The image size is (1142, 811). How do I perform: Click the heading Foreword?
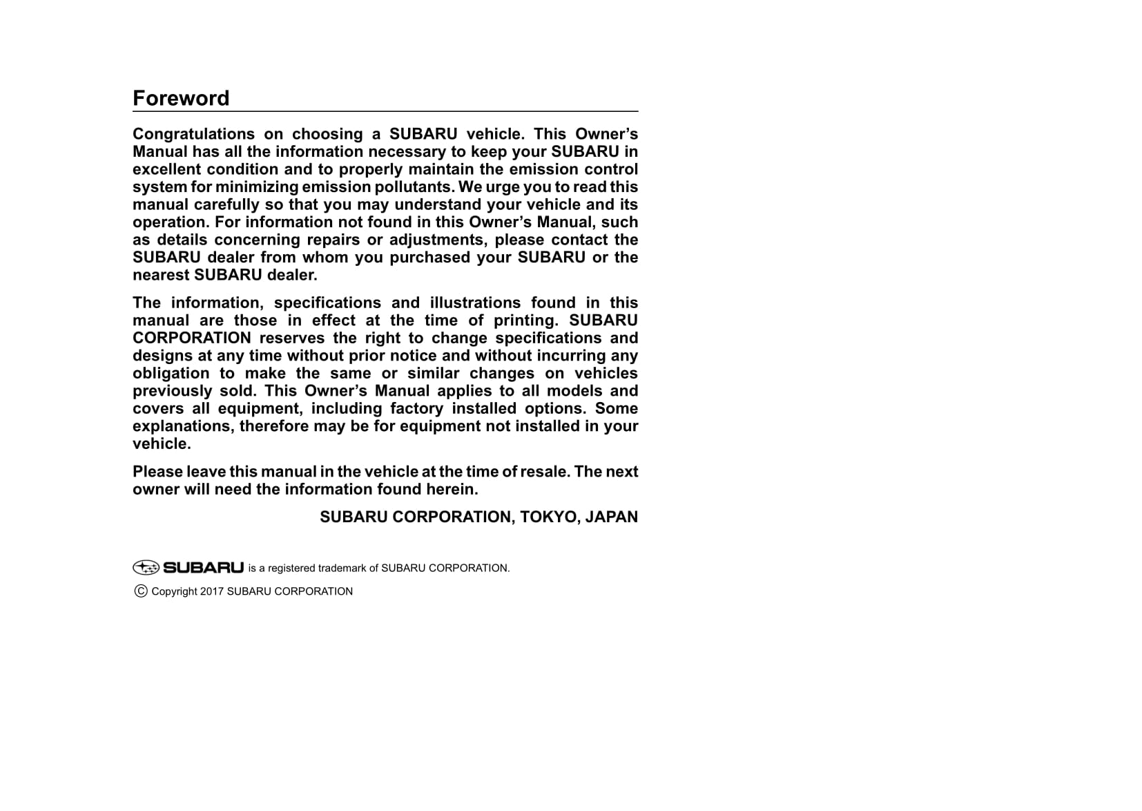click(181, 98)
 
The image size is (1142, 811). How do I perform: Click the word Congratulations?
click(193, 134)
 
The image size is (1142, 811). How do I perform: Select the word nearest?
click(161, 275)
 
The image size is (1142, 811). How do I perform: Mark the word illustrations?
click(475, 303)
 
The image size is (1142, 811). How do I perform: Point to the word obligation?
click(171, 374)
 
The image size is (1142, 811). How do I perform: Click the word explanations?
click(184, 426)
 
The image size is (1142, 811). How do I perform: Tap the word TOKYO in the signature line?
click(549, 517)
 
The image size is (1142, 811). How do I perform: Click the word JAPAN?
click(611, 517)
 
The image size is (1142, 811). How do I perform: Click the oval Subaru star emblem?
click(146, 568)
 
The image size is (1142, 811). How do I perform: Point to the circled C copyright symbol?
click(141, 591)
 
